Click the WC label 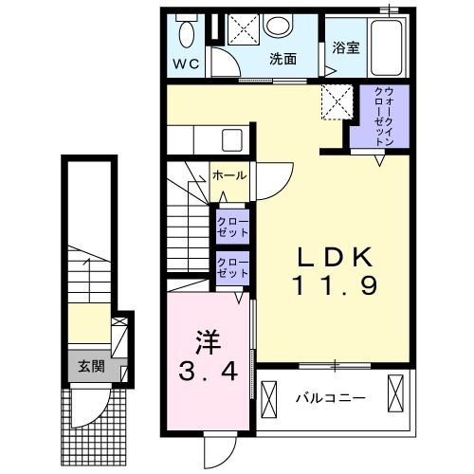point(187,64)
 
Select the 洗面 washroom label point(283,59)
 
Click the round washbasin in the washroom point(279,26)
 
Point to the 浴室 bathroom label point(346,47)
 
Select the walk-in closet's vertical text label point(384,117)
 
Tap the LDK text point(336,258)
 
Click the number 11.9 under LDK point(336,285)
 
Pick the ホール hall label point(229,175)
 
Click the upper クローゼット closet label point(232,227)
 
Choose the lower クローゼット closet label point(232,268)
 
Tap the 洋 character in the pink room point(208,343)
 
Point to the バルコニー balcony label point(330,398)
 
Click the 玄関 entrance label point(91,367)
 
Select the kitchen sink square point(232,139)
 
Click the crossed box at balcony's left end point(269,396)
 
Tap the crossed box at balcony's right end point(395,393)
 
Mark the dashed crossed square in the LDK point(337,101)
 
